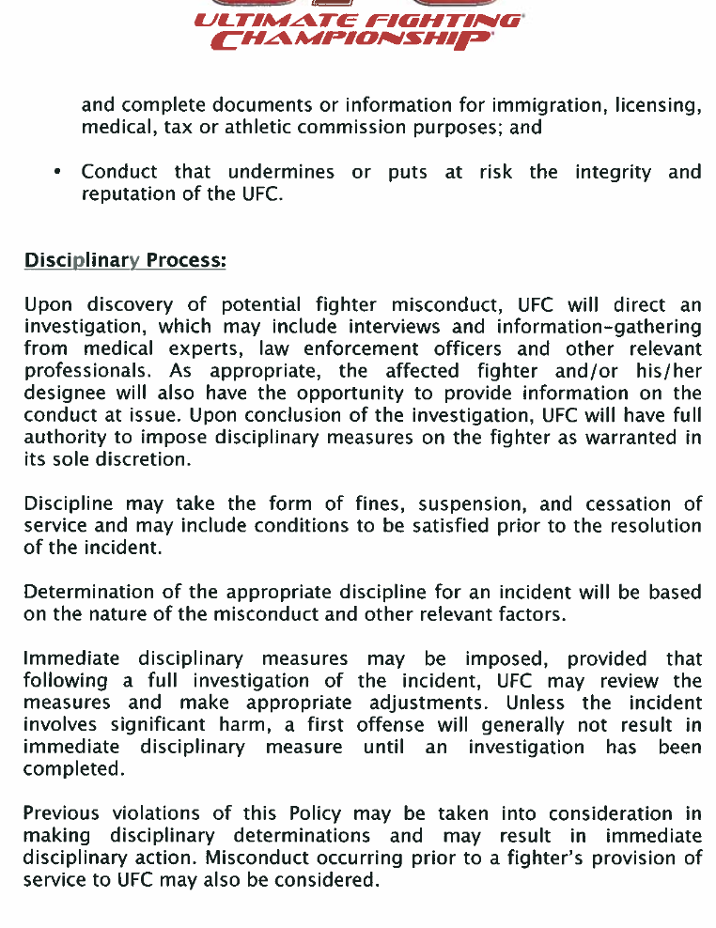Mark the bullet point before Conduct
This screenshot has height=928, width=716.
point(58,172)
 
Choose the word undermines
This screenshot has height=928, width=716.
point(281,172)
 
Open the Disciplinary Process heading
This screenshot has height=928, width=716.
point(125,259)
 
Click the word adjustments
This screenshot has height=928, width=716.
point(427,704)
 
